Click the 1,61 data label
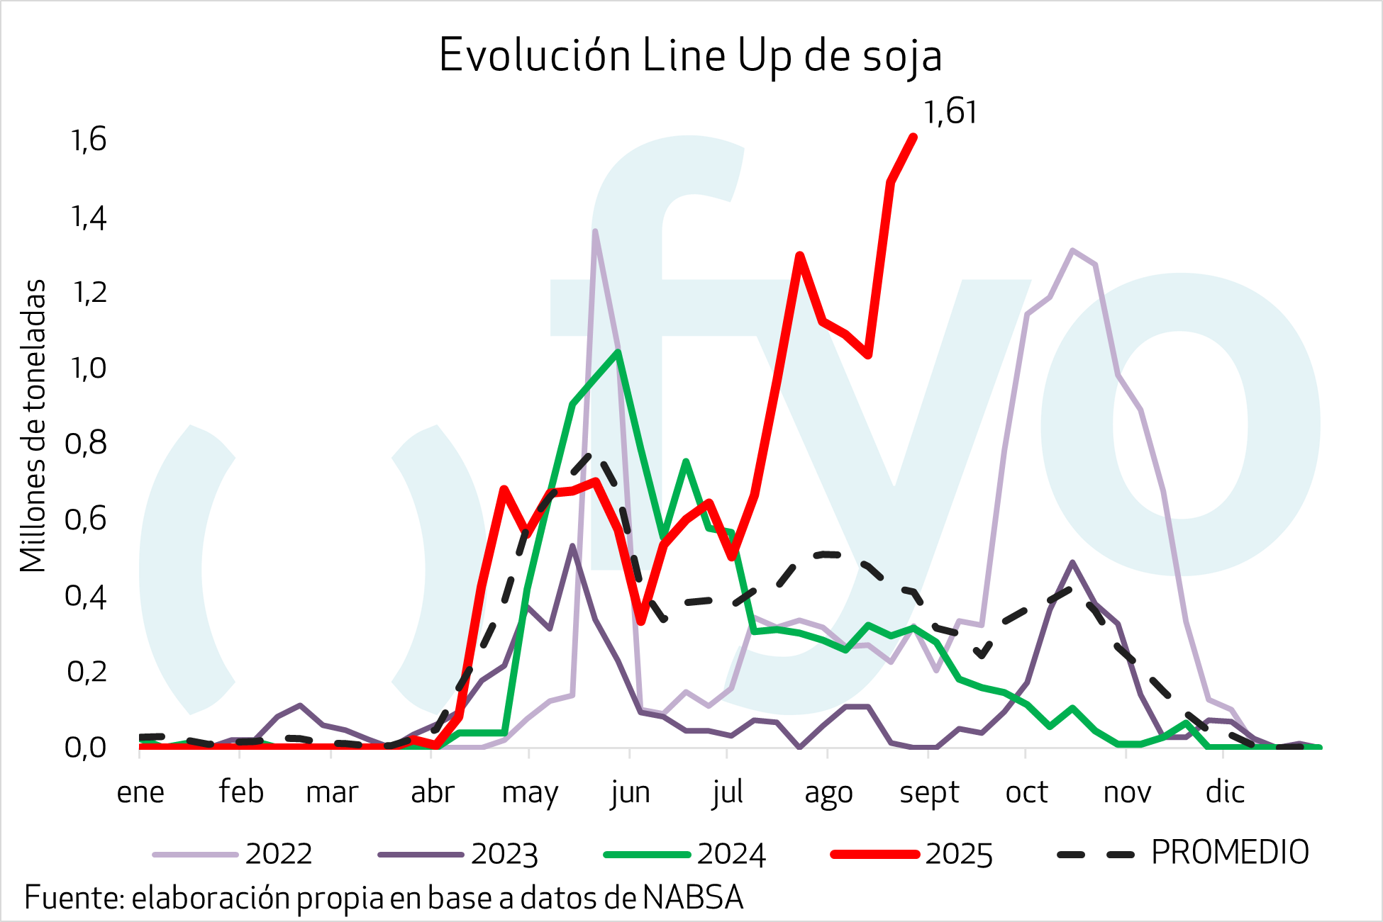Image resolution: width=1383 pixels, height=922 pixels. coord(950,113)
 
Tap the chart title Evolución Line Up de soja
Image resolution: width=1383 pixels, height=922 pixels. coord(690,55)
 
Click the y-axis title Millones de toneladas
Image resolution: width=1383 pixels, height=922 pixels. coord(33,425)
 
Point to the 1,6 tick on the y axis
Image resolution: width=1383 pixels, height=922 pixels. coord(89,140)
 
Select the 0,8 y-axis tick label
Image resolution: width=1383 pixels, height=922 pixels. coord(86,444)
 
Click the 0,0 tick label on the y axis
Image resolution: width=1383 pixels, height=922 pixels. coord(86,748)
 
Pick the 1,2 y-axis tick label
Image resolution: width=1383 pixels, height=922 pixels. coord(89,292)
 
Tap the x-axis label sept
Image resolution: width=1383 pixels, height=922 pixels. coord(929,792)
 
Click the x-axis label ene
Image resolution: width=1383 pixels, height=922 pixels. coord(140,792)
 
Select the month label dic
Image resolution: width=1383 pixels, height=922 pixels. coord(1225,792)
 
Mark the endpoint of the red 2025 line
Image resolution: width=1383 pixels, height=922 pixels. coord(913,137)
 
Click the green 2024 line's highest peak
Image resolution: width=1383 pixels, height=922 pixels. coord(618,352)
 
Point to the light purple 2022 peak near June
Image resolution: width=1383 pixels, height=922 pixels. coord(595,231)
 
